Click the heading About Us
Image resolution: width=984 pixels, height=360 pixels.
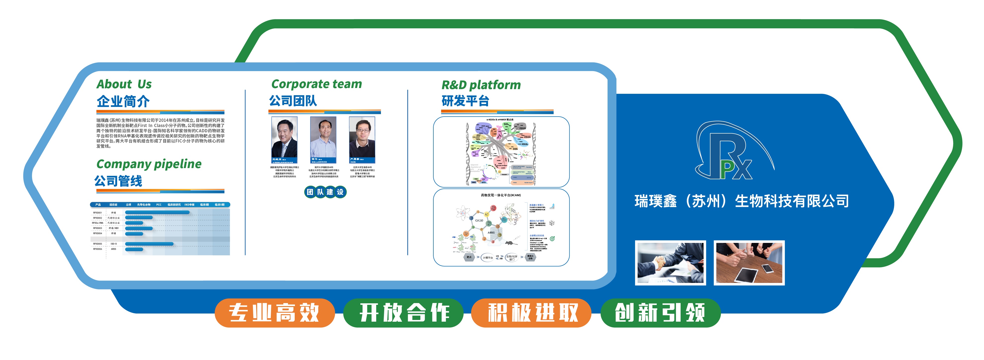click(x=124, y=84)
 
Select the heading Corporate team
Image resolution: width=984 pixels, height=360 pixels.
click(x=316, y=84)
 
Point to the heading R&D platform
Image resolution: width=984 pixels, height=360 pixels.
click(x=481, y=85)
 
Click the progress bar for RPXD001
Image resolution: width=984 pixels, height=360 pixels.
click(x=157, y=212)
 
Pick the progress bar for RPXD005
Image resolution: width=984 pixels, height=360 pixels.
click(x=149, y=243)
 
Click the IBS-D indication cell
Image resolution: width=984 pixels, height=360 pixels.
click(x=114, y=243)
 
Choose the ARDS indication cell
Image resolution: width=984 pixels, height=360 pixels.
click(x=114, y=249)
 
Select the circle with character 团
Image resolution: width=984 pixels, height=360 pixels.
click(x=310, y=192)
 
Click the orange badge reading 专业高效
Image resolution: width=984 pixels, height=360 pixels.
click(x=274, y=313)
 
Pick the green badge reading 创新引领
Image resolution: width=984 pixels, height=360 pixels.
click(x=660, y=313)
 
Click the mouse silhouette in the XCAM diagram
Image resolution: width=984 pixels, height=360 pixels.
click(x=509, y=242)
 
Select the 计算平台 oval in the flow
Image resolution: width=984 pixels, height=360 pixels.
click(x=488, y=258)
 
